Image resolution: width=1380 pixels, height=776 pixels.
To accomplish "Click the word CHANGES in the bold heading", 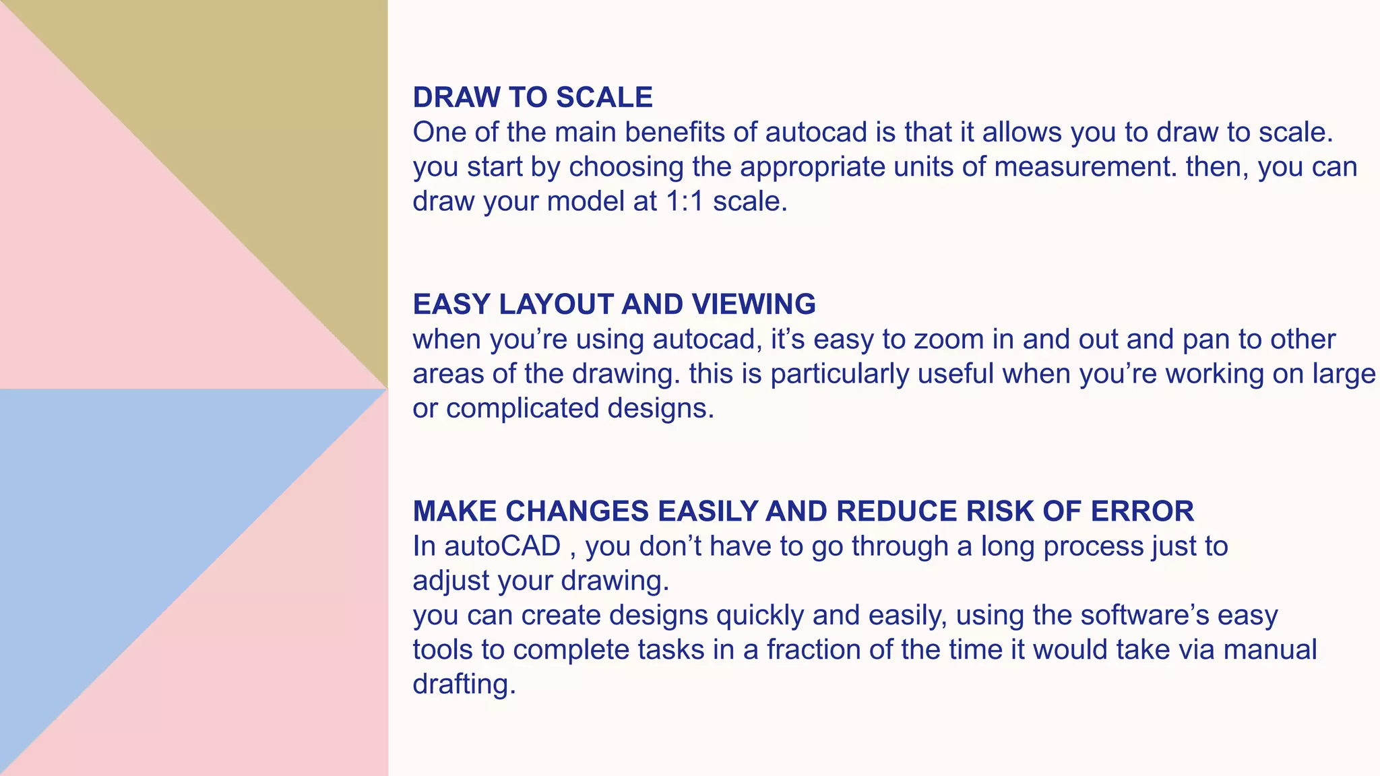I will [577, 511].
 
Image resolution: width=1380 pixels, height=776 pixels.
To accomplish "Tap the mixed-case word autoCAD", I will [502, 546].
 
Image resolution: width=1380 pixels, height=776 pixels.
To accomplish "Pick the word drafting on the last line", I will [464, 684].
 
